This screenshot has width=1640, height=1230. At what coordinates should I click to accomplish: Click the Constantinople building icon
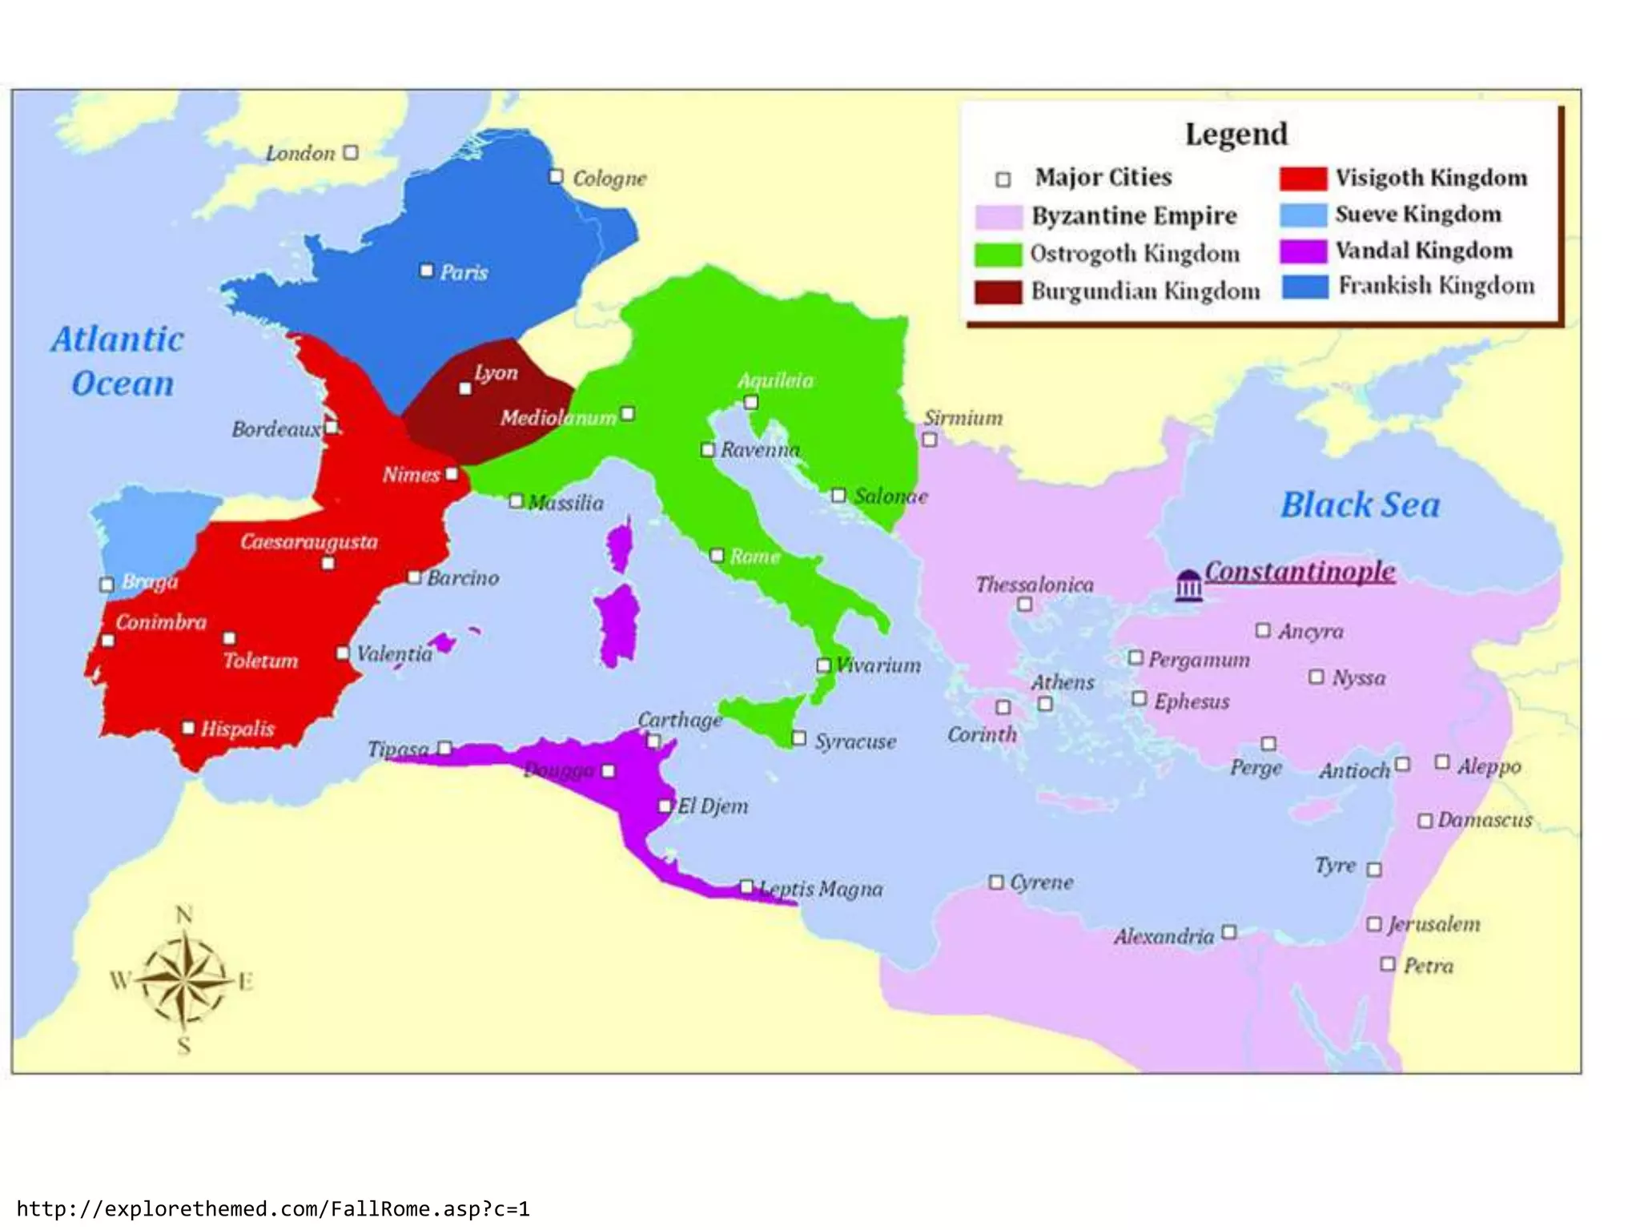coord(1188,585)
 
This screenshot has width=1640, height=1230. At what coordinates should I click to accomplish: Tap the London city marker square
coord(351,152)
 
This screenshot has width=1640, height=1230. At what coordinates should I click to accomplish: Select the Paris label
coord(464,272)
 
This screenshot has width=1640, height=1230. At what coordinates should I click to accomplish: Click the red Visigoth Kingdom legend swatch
coord(1303,178)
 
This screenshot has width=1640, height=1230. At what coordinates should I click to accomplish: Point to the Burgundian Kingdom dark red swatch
coord(998,291)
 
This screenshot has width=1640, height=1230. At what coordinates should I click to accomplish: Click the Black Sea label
coord(1360,505)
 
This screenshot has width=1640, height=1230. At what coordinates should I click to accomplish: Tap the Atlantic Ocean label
coord(119,361)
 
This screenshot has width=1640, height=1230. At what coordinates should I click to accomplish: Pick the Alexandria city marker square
coord(1229,932)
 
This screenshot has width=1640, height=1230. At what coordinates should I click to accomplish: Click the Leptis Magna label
coord(822,889)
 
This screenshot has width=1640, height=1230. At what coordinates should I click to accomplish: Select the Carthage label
coord(679,719)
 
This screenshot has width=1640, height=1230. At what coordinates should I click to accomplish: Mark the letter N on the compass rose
coord(184,914)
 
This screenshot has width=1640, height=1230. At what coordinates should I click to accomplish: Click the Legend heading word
coord(1236,134)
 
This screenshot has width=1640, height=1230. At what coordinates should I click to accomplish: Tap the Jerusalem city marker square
coord(1374,924)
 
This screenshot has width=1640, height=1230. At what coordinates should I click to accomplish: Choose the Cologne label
coord(609,178)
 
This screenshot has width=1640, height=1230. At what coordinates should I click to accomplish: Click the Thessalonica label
coord(1034,585)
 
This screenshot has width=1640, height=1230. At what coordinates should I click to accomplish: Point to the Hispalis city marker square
coord(188,728)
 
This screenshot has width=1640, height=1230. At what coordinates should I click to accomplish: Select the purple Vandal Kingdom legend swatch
coord(1303,251)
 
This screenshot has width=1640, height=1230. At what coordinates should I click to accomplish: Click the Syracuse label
coord(855,742)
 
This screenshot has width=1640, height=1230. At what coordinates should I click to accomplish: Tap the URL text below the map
coord(273,1208)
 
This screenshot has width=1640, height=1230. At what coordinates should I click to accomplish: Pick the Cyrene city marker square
coord(996,882)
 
